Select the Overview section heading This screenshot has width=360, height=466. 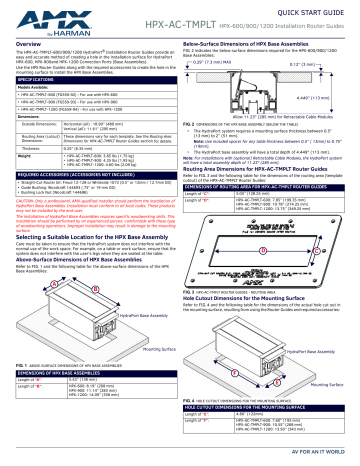(25, 44)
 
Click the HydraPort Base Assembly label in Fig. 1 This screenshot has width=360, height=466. (149, 314)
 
